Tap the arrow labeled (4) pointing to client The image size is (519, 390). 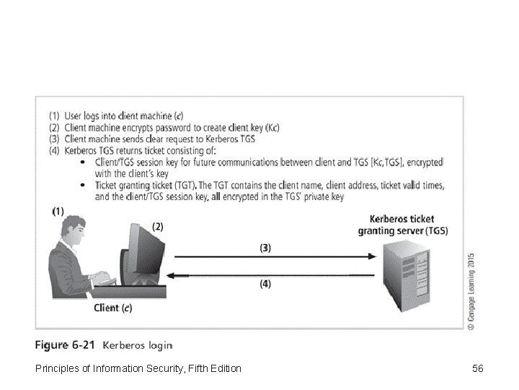[274, 275]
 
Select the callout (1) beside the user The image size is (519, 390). [58, 211]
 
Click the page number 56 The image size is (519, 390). [477, 369]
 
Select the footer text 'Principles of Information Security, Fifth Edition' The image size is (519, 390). [138, 370]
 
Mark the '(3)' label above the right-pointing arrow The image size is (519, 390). [266, 247]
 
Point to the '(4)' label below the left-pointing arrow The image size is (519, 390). [266, 285]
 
